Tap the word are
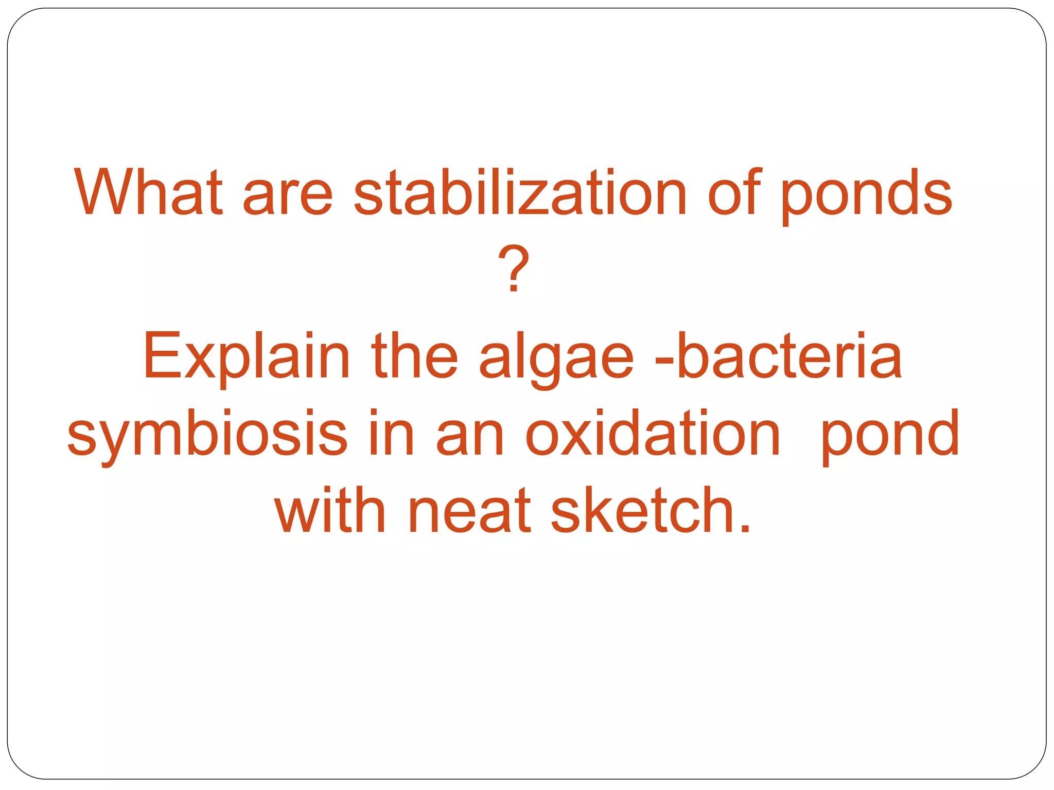coord(288,195)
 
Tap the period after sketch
coord(744,529)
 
